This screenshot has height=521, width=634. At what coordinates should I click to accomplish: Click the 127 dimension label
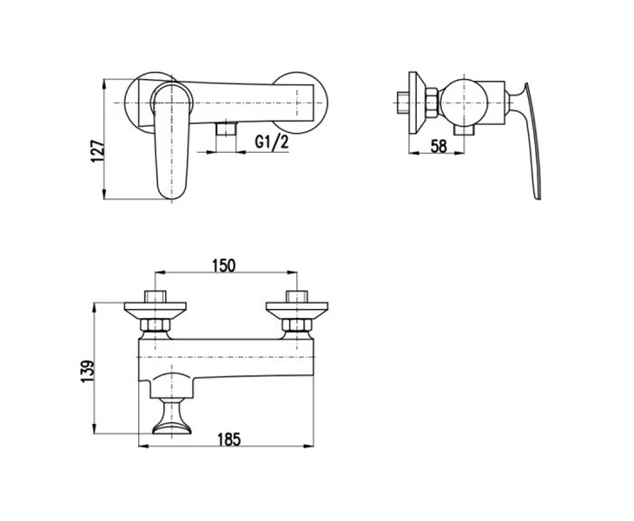[x=98, y=151]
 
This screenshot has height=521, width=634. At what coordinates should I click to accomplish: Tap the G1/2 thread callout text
[x=272, y=142]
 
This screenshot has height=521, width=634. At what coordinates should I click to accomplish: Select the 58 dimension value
[x=439, y=146]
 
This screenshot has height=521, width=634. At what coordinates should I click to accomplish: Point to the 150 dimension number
[x=223, y=266]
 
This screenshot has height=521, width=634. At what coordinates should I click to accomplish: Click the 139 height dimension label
[x=88, y=372]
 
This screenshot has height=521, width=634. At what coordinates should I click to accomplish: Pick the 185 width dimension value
[x=229, y=439]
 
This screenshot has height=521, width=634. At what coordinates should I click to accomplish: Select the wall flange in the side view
[x=417, y=102]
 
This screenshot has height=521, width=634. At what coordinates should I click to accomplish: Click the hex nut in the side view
[x=432, y=102]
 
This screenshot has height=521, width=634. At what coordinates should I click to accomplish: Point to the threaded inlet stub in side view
[x=403, y=102]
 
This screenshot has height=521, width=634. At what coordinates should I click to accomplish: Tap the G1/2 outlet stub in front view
[x=226, y=129]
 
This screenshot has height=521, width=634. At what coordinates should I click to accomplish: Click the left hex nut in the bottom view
[x=155, y=325]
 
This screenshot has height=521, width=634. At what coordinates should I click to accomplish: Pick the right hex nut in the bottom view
[x=297, y=325]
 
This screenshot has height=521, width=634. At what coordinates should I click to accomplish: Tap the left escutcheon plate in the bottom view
[x=155, y=310]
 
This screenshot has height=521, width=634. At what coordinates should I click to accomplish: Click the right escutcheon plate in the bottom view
[x=297, y=310]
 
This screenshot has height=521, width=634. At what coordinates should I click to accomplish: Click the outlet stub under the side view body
[x=463, y=130]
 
